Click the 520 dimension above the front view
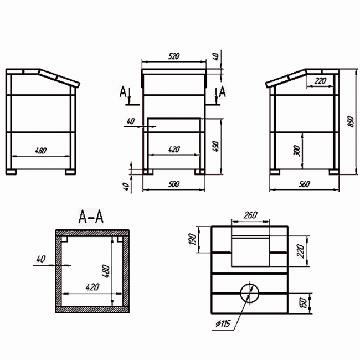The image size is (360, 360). coord(174,56)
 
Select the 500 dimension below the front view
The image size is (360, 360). coord(174,184)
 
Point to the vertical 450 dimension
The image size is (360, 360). coord(216,147)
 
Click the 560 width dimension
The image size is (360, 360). coord(304,184)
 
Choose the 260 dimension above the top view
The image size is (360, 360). coord(250,215)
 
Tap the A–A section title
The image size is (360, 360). coord(91,215)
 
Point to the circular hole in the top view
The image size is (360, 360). coord(250,292)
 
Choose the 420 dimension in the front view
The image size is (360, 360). coord(174,150)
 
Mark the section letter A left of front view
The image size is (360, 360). coord(124,91)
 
